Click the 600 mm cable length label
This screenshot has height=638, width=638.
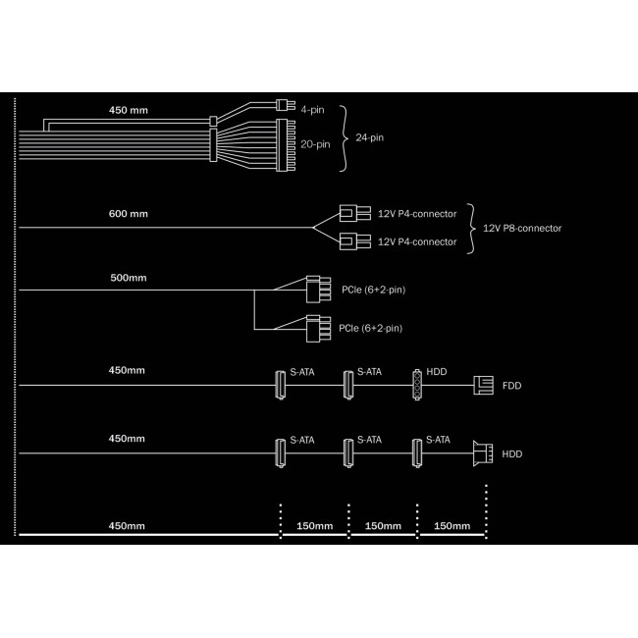129,214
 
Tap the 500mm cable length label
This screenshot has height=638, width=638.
129,278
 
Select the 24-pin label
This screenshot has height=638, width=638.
369,138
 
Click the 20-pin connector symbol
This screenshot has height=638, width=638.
286,145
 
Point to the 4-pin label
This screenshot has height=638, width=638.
312,110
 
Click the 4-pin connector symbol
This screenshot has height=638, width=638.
286,105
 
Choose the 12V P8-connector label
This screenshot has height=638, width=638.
522,229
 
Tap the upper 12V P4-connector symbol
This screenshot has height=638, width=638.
354,213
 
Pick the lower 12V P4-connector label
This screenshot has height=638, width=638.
417,241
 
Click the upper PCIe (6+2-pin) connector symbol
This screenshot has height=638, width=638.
318,290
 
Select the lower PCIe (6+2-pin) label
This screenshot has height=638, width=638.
370,329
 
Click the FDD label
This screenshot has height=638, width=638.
511,386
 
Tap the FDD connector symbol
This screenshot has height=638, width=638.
483,386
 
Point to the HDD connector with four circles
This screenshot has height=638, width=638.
417,385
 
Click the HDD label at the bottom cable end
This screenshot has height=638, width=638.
511,454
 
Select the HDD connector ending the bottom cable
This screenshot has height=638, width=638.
483,453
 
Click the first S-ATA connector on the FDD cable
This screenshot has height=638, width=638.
280,385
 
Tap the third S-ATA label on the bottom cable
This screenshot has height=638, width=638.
438,440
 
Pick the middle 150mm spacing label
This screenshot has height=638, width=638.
383,526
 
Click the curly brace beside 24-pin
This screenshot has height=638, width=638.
345,138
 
